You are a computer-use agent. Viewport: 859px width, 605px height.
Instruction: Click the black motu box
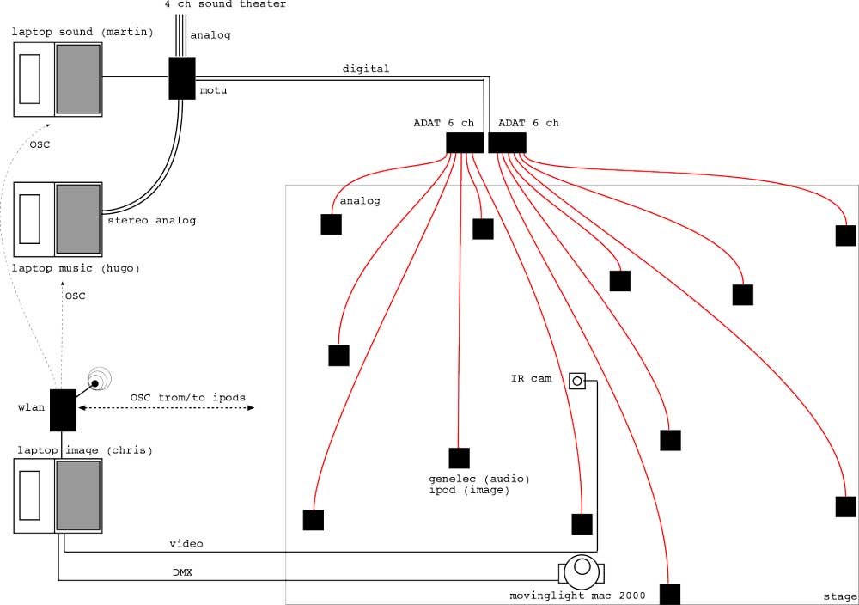tap(182, 78)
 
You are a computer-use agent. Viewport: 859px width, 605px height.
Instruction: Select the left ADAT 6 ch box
tap(465, 143)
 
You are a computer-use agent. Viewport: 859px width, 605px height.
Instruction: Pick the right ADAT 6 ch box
tap(507, 143)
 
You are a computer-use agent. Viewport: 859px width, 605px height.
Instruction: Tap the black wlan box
tap(63, 410)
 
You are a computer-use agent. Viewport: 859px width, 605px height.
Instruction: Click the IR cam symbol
tap(577, 380)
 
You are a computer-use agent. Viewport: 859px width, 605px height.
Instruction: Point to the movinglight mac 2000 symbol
tap(582, 568)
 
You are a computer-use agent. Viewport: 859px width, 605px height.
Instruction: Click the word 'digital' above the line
tap(366, 69)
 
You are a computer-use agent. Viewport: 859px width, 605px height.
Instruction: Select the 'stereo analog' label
tap(151, 221)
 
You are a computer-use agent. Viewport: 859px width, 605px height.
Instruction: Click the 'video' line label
tap(186, 543)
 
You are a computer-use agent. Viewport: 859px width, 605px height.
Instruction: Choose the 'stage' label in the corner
tap(839, 596)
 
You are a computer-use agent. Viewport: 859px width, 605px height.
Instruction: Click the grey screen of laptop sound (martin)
tap(78, 78)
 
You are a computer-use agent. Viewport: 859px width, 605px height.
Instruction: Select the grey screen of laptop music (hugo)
tap(78, 218)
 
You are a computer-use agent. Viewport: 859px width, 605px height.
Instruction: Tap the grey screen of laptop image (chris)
tap(78, 495)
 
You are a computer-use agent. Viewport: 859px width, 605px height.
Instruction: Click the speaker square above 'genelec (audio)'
tap(460, 458)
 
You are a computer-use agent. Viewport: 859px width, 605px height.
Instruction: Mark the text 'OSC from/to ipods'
tap(188, 398)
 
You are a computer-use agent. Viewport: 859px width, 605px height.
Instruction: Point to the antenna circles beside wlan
tap(99, 381)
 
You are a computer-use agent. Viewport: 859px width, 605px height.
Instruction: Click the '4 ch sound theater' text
tap(225, 4)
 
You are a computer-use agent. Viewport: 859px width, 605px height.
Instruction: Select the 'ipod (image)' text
tap(468, 491)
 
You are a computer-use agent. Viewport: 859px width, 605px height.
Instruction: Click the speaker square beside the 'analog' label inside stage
tap(331, 224)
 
